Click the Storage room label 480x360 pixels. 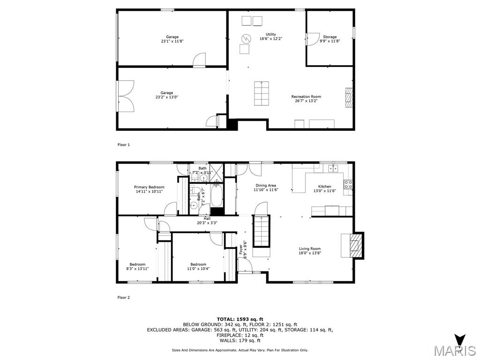(330, 37)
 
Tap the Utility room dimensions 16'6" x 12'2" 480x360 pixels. (271, 39)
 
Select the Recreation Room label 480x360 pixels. (306, 97)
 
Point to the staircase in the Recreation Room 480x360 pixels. (262, 93)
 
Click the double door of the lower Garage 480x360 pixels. (126, 96)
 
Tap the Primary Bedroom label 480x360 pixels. (149, 187)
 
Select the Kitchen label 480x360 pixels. (325, 187)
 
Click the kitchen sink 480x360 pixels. (333, 168)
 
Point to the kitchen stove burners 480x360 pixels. (348, 184)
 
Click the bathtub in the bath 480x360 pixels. (216, 195)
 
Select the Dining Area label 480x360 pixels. (266, 186)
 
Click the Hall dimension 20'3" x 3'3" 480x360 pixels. (207, 223)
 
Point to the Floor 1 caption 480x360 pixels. (123, 145)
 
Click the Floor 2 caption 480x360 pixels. (123, 297)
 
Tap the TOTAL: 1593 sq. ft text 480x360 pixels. (240, 319)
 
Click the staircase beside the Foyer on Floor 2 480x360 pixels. (262, 231)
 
